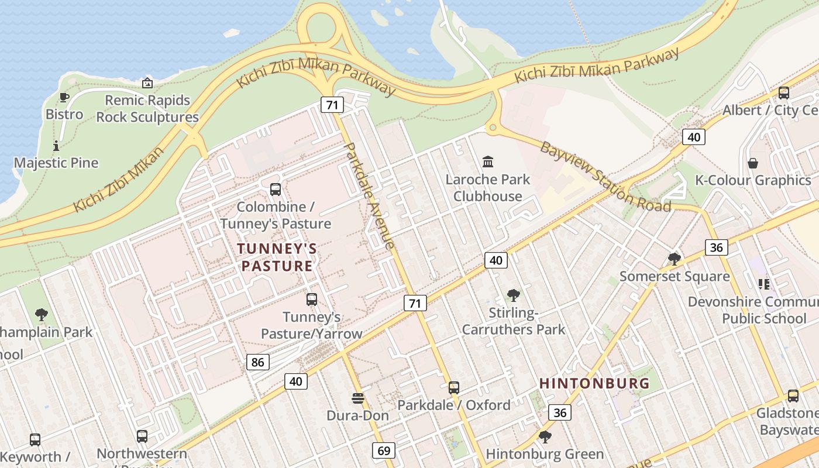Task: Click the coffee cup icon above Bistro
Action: click(64, 97)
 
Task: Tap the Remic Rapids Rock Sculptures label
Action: click(147, 109)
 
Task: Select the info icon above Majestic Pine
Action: click(56, 146)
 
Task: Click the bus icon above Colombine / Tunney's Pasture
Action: click(275, 190)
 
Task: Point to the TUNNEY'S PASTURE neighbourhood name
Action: click(277, 257)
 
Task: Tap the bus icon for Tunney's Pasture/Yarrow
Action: click(312, 300)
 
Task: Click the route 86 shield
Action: click(257, 362)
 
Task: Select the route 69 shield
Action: click(384, 450)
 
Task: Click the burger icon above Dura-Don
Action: click(358, 398)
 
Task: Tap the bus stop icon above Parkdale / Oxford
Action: click(453, 387)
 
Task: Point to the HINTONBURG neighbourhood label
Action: click(594, 384)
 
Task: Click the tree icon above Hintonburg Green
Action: click(545, 436)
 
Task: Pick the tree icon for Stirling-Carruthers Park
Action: click(514, 295)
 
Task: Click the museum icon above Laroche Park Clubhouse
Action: click(488, 161)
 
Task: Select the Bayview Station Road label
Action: click(605, 177)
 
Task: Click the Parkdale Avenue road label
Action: click(370, 196)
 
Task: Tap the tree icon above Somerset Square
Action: click(675, 259)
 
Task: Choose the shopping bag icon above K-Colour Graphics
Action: click(753, 163)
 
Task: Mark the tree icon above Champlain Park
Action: click(41, 315)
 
